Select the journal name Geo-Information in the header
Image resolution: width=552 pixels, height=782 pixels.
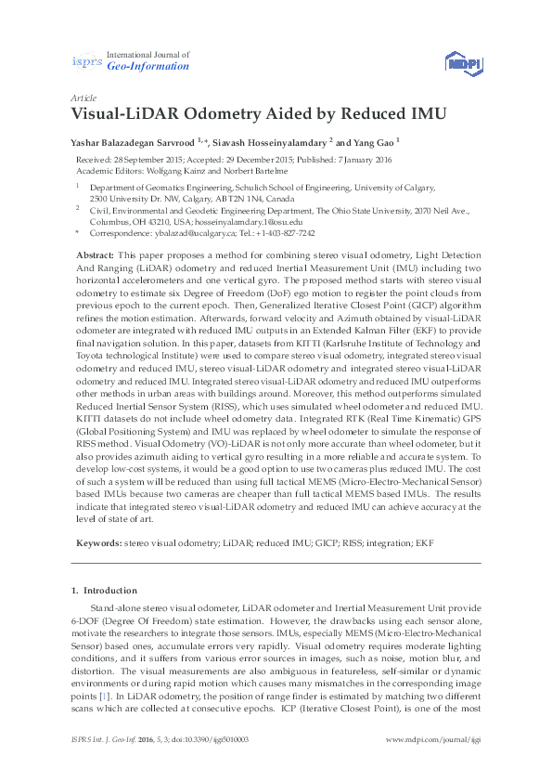tap(148, 67)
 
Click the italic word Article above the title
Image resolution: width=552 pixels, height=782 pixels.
tap(83, 98)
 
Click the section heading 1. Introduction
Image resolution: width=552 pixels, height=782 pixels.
tap(104, 591)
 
